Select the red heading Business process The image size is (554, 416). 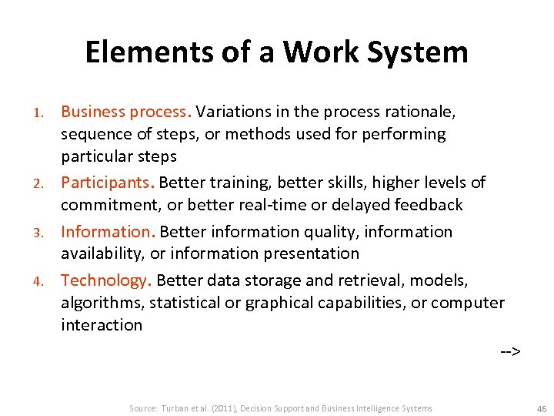click(x=125, y=112)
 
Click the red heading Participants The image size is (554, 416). click(x=108, y=183)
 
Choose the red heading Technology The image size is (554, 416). click(x=105, y=280)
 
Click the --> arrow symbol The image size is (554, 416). click(x=510, y=352)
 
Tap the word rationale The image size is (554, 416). click(x=426, y=112)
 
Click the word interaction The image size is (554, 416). click(x=102, y=325)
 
